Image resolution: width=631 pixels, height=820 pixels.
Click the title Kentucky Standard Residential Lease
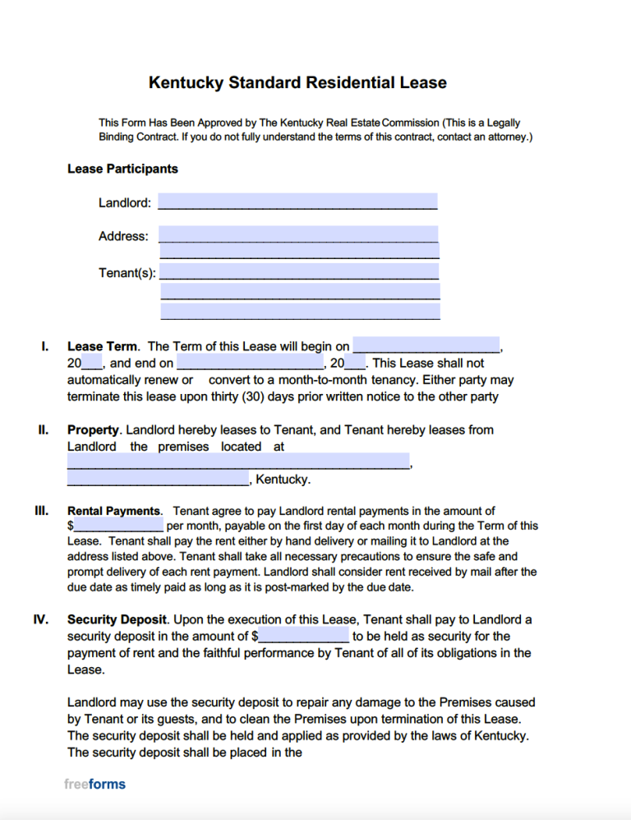[297, 83]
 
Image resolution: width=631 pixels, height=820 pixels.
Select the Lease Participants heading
[122, 169]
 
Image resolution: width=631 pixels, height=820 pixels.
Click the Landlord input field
[297, 202]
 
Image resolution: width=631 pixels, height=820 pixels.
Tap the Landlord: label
[125, 203]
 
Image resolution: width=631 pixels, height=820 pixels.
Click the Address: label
[123, 236]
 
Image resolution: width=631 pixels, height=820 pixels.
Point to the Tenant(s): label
[127, 273]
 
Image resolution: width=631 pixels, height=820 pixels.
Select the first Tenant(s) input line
[300, 271]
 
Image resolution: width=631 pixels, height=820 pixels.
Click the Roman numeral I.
[44, 346]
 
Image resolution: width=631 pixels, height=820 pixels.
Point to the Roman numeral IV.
[41, 619]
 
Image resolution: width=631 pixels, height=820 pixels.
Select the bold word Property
[94, 429]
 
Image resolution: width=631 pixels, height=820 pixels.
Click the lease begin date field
[426, 345]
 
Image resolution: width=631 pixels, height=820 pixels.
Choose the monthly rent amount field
[119, 526]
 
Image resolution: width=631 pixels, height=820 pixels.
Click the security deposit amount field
[304, 636]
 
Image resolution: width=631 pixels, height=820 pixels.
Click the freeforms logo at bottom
[94, 784]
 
